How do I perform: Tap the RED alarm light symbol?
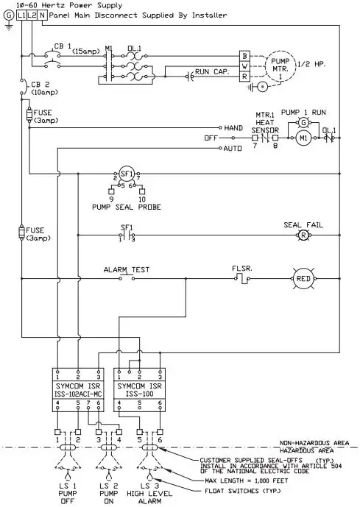point(303,279)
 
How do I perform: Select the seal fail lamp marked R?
point(301,235)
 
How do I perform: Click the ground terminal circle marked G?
point(8,14)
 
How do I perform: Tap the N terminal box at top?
point(42,14)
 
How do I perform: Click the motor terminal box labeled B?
point(244,55)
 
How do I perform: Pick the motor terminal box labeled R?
point(244,76)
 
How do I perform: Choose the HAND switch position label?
point(233,127)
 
